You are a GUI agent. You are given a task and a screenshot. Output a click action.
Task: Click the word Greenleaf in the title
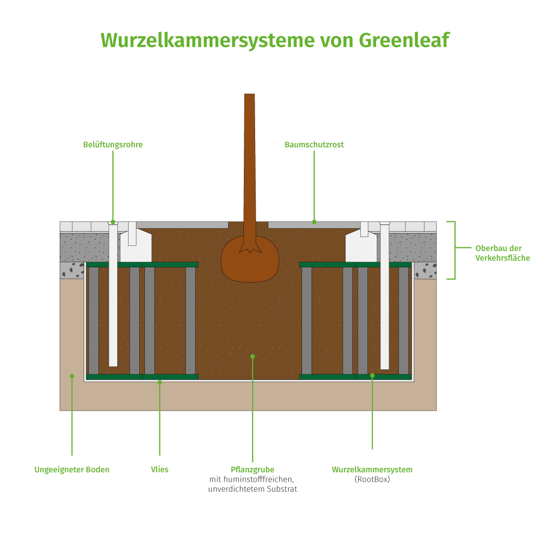coord(404,40)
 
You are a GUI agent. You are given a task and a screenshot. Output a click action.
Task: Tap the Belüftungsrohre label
coord(113,145)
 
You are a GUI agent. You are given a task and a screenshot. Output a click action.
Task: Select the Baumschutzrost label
coord(314,145)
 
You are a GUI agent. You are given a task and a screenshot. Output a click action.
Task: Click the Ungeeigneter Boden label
coord(71,469)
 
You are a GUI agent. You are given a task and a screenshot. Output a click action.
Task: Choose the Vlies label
coord(160,469)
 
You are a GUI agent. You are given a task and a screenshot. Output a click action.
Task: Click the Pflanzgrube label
coord(253,469)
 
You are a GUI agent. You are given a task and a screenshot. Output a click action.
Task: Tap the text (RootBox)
coord(372,480)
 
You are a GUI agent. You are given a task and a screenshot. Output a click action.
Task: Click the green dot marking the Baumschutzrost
coord(314,222)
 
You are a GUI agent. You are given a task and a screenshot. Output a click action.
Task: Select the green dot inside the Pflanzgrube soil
coord(253,357)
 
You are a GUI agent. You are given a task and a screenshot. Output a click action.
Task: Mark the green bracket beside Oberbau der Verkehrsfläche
coord(454,250)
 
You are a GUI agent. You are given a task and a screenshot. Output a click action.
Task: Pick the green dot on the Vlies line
coord(160,382)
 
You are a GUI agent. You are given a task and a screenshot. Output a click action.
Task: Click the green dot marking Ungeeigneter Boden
coord(72,376)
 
